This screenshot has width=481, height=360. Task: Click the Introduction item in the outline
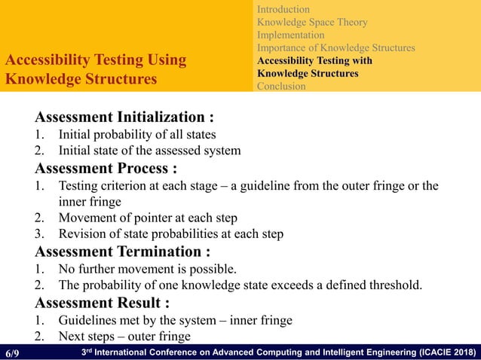283,9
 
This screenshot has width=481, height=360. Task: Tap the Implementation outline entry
291,35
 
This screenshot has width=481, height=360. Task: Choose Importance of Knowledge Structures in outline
335,47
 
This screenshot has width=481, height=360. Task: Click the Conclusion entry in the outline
281,86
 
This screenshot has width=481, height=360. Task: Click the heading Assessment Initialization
124,118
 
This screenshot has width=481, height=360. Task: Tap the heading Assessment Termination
122,251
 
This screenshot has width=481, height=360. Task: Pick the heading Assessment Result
102,303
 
